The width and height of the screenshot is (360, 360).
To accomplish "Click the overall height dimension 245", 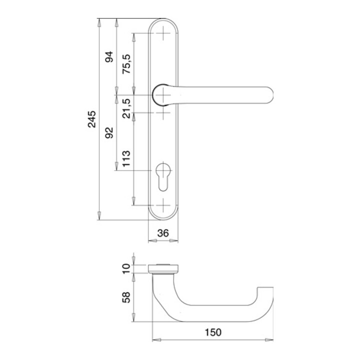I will click(92, 119).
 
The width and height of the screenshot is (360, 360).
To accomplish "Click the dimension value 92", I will click(109, 132).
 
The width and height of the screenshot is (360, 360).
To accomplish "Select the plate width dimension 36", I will click(163, 232).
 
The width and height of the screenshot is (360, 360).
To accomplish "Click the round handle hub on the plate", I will click(162, 94).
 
